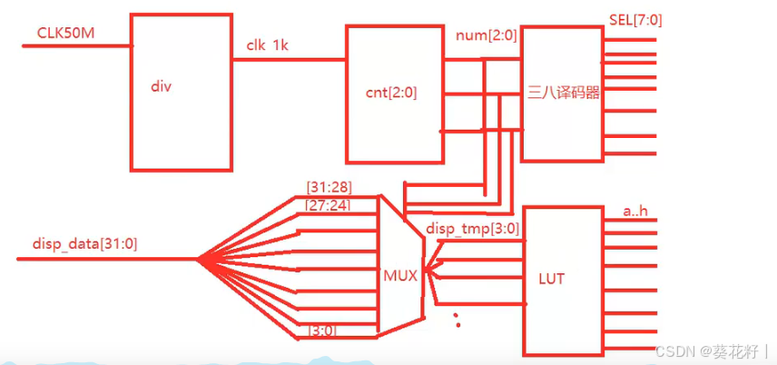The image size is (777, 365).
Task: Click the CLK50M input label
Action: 66,33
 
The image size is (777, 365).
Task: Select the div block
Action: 180,92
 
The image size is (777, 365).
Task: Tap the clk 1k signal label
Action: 270,45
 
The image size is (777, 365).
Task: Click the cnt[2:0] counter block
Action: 395,94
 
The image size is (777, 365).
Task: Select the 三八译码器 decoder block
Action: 564,94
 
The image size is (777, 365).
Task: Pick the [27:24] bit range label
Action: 329,205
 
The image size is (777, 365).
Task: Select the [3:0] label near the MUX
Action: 321,330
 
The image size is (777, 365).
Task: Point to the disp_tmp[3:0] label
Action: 472,229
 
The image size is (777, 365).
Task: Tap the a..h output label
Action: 634,212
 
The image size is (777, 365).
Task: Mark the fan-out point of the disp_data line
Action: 197,260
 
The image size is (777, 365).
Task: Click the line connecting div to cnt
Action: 289,60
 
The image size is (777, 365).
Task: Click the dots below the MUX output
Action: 457,318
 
